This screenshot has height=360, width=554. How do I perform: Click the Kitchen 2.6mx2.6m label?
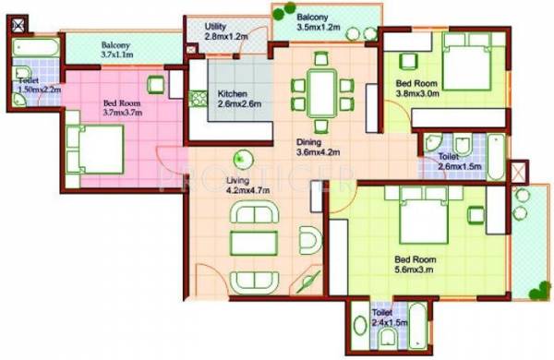(x=236, y=100)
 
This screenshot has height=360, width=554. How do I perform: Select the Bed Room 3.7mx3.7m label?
(x=122, y=109)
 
